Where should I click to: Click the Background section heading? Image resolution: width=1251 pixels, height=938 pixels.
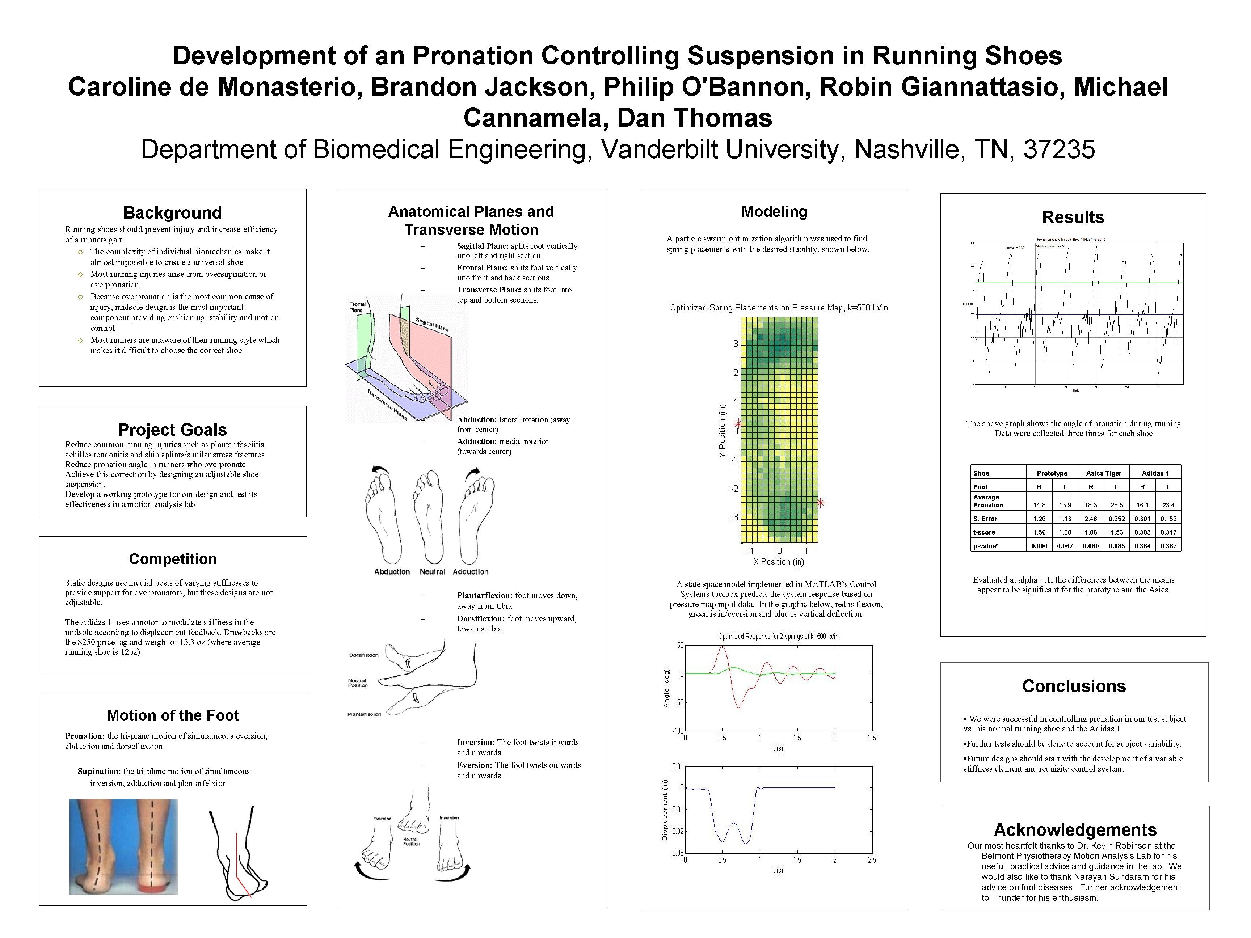(x=173, y=212)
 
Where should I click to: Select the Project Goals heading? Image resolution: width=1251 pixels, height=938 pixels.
(x=173, y=430)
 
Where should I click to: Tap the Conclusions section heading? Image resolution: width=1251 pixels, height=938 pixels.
(x=1073, y=686)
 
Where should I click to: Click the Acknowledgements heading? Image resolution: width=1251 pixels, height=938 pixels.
(x=1075, y=829)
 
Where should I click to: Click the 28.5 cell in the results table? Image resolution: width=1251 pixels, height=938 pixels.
(x=1116, y=505)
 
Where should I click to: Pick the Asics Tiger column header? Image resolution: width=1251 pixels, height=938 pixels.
(x=1103, y=473)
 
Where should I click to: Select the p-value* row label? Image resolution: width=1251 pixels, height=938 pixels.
(x=985, y=546)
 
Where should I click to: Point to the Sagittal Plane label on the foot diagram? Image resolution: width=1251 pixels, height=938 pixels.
(x=432, y=325)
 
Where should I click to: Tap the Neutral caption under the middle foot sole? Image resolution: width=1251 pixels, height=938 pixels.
(x=432, y=572)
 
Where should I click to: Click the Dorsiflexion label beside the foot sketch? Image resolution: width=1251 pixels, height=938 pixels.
(x=364, y=655)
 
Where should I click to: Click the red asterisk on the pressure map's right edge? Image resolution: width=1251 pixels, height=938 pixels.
(x=821, y=502)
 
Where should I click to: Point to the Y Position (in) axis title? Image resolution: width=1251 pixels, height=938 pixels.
(x=722, y=431)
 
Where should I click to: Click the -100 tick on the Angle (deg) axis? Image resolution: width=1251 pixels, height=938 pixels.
(x=677, y=731)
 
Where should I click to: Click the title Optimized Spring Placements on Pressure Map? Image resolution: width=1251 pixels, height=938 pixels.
(x=779, y=308)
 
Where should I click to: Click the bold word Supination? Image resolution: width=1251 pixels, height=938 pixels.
(x=99, y=771)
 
